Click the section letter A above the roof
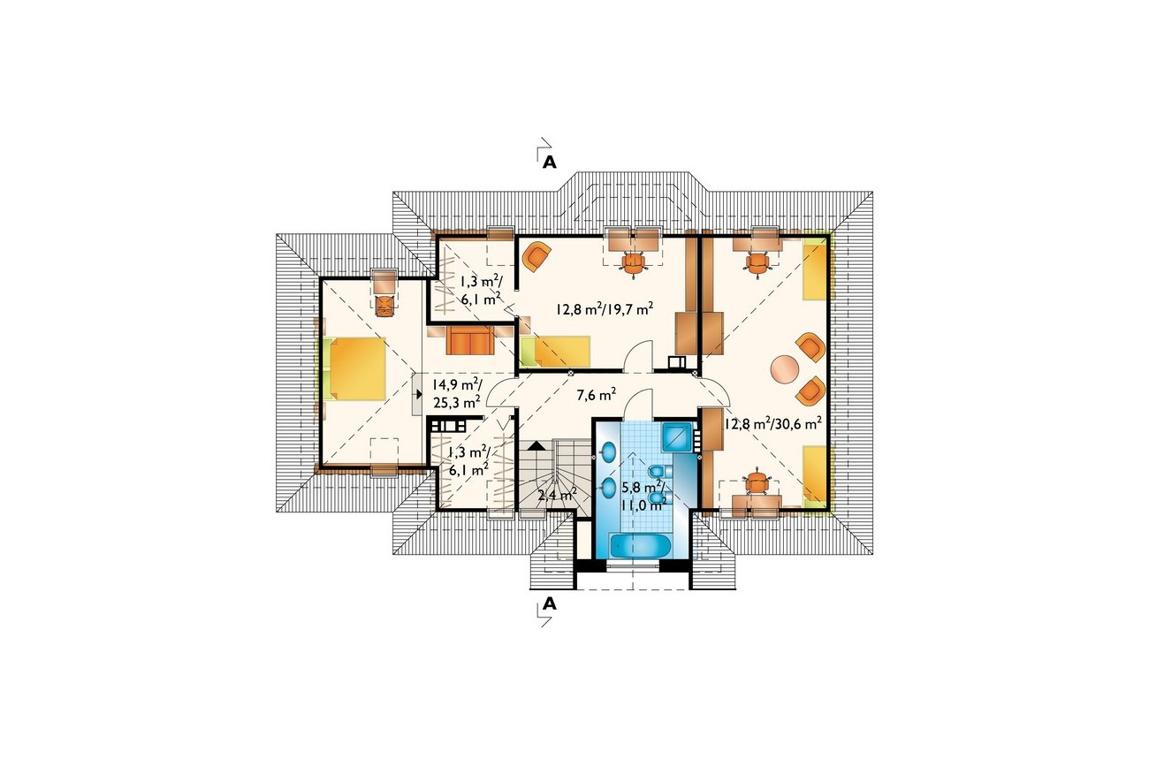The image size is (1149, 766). pos(549,162)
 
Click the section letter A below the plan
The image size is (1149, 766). pos(549,603)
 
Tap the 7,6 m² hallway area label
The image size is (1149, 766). pos(596,395)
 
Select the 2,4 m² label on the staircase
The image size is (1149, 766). pos(558,495)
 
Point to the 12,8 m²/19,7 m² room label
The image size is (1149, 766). pos(605,308)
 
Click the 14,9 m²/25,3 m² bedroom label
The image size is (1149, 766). pos(457,393)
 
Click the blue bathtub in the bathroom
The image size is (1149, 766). pos(639,544)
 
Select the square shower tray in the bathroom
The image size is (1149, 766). pos(677,436)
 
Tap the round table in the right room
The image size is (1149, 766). pos(785,369)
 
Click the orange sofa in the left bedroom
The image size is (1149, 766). pos(470,340)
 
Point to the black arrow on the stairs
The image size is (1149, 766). pos(536,445)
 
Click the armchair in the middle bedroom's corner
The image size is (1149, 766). pos(536,256)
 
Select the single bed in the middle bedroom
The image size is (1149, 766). pos(556,352)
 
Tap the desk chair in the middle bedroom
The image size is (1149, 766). pos(634,264)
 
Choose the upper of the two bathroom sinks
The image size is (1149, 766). pos(608,451)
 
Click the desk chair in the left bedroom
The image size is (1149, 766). pos(384,305)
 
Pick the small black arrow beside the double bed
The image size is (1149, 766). pos(419,394)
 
